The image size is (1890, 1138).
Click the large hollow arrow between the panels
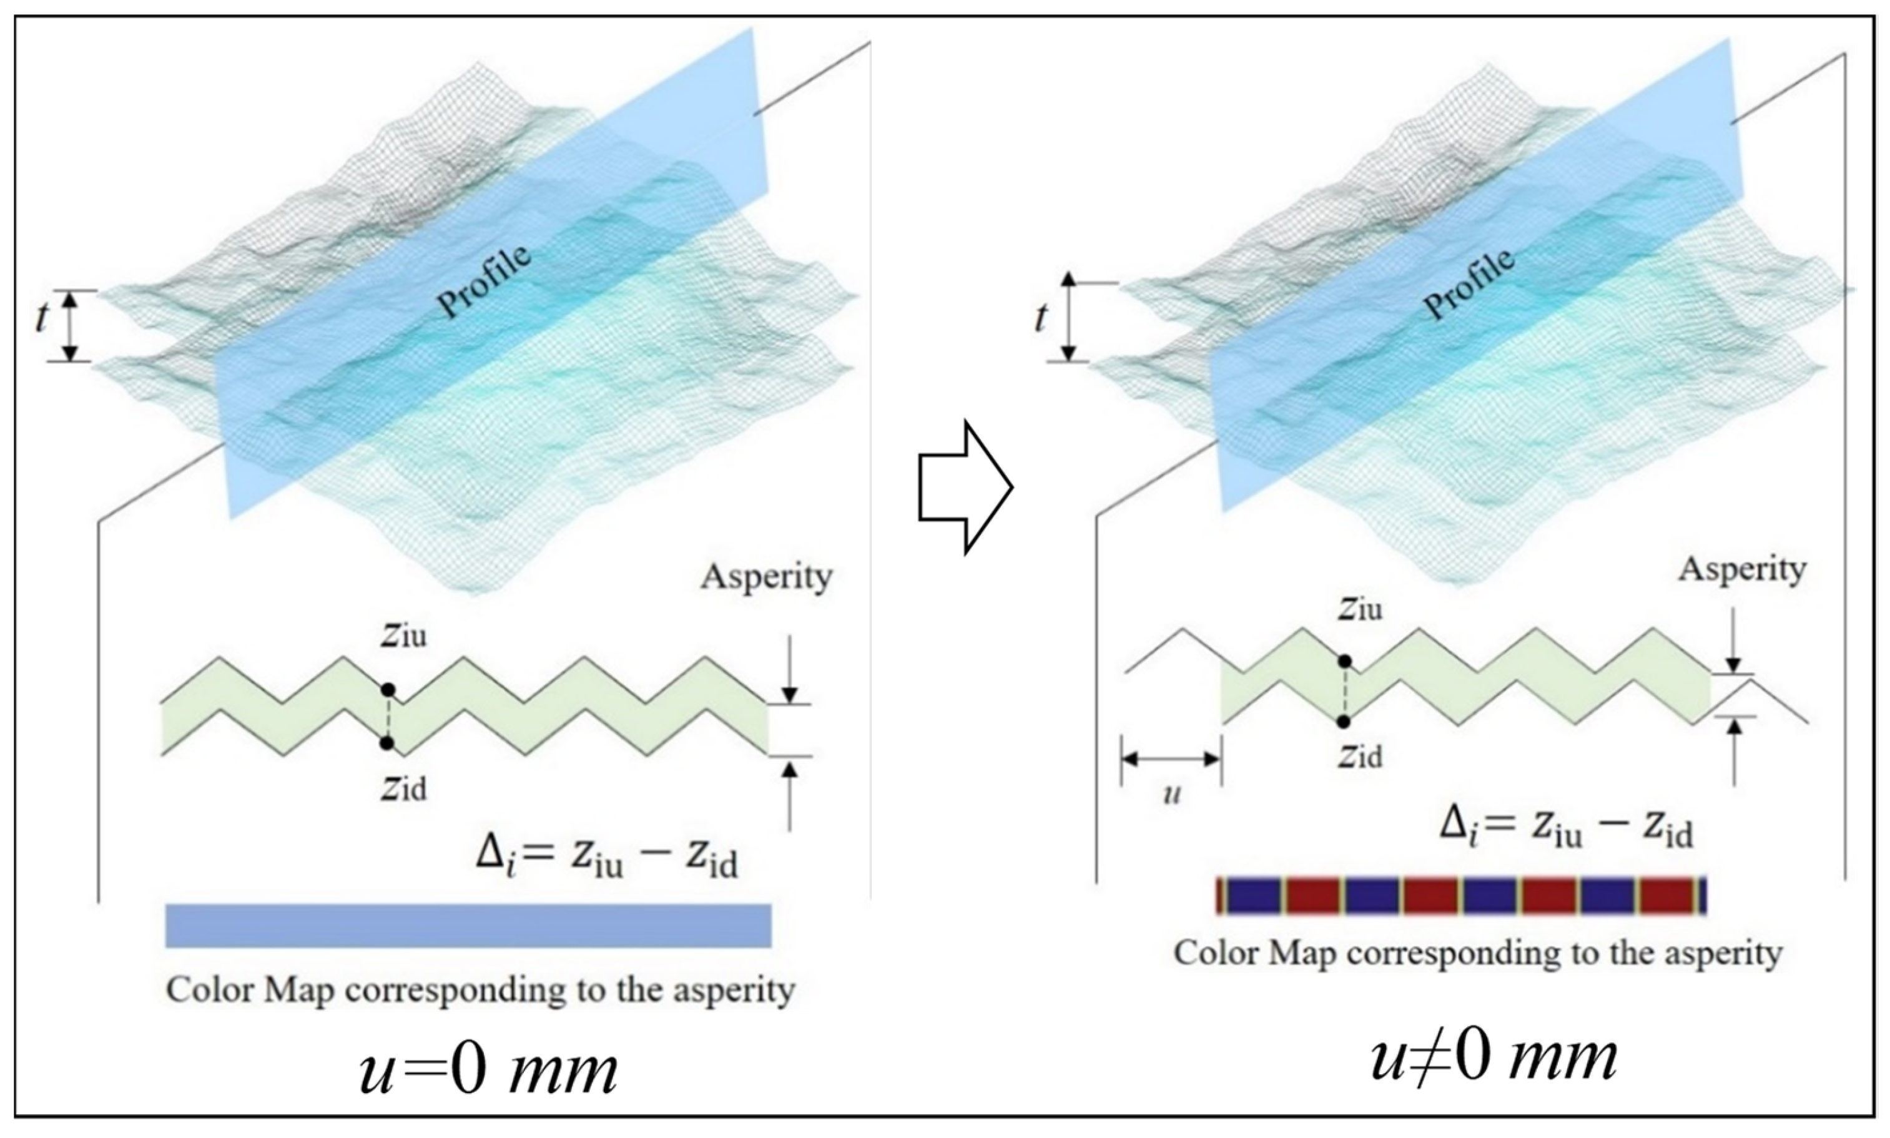click(965, 487)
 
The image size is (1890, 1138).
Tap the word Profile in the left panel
click(485, 282)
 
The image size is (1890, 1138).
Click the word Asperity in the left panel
click(765, 577)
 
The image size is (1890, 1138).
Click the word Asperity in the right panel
click(1742, 569)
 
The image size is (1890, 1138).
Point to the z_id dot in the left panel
click(386, 743)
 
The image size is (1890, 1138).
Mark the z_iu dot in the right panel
click(1343, 661)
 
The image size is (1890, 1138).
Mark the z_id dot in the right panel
click(1343, 721)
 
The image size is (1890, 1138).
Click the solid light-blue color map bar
click(468, 926)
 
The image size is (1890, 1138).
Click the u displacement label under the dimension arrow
click(1171, 795)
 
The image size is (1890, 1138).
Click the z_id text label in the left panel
click(403, 788)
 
